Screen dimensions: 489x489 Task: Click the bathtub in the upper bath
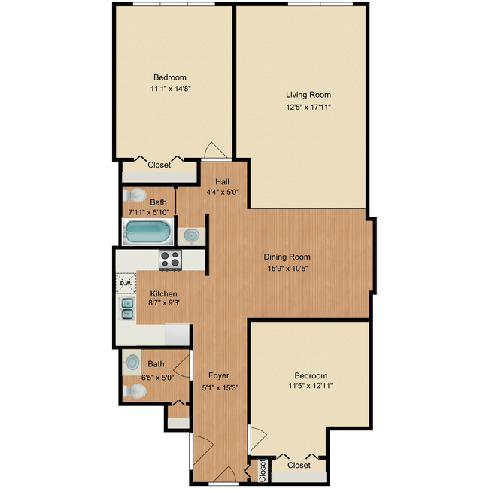pyautogui.click(x=147, y=232)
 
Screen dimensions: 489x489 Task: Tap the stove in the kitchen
pyautogui.click(x=170, y=260)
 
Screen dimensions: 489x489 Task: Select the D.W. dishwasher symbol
pyautogui.click(x=126, y=283)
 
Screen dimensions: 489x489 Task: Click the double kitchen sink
pyautogui.click(x=127, y=308)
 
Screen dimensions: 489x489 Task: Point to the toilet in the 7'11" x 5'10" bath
pyautogui.click(x=135, y=196)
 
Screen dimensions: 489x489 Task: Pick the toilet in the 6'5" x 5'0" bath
pyautogui.click(x=135, y=391)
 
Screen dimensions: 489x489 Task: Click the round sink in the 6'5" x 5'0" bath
pyautogui.click(x=132, y=363)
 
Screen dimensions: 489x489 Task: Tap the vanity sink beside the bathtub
pyautogui.click(x=191, y=235)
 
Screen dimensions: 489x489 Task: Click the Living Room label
pyautogui.click(x=308, y=95)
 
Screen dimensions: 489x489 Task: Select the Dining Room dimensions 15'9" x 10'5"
pyautogui.click(x=287, y=269)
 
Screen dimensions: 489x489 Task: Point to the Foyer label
pyautogui.click(x=219, y=376)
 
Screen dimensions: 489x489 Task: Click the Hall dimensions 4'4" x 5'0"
pyautogui.click(x=223, y=192)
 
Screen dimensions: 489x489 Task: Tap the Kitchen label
pyautogui.click(x=164, y=293)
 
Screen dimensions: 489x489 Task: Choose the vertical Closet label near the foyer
pyautogui.click(x=263, y=471)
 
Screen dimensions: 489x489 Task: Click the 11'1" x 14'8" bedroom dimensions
pyautogui.click(x=170, y=89)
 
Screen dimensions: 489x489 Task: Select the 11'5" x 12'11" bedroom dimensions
pyautogui.click(x=311, y=386)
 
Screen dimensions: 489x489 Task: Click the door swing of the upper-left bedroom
pyautogui.click(x=215, y=150)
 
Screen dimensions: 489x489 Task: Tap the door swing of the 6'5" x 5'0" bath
pyautogui.click(x=181, y=366)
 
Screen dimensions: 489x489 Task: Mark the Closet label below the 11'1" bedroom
pyautogui.click(x=159, y=165)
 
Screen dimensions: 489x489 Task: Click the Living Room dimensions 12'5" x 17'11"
pyautogui.click(x=308, y=108)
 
